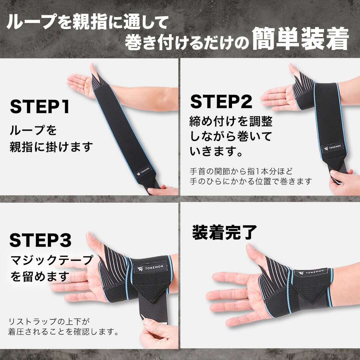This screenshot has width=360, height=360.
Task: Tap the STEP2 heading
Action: pyautogui.click(x=221, y=102)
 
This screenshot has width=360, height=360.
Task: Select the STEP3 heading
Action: pyautogui.click(x=40, y=240)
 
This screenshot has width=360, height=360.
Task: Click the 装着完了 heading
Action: pyautogui.click(x=225, y=232)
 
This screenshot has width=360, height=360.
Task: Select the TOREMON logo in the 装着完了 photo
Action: pyautogui.click(x=313, y=272)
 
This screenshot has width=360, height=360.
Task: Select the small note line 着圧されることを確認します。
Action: pyautogui.click(x=63, y=332)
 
